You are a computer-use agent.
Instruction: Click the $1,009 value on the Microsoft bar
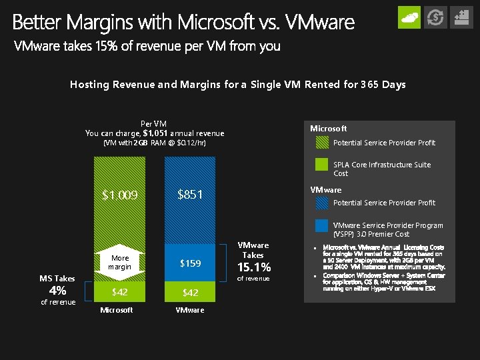(x=119, y=195)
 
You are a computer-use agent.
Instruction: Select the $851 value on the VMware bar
(x=190, y=195)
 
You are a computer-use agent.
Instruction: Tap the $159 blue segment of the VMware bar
(x=190, y=263)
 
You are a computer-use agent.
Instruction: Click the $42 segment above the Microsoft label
(x=119, y=292)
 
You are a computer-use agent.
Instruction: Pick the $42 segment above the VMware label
(x=190, y=292)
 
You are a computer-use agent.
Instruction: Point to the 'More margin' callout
(x=120, y=262)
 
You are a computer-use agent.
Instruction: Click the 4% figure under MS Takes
(x=57, y=291)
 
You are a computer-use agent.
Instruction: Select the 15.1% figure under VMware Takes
(x=253, y=267)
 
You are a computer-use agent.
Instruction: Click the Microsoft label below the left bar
(x=116, y=310)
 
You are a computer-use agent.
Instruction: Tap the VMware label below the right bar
(x=190, y=310)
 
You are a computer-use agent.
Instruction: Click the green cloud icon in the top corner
(x=409, y=17)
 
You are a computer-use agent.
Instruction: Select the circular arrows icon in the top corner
(x=435, y=17)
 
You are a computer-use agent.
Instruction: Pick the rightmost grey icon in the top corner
(x=461, y=17)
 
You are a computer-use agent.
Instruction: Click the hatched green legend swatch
(x=322, y=143)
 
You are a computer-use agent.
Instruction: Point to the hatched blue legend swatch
(x=322, y=203)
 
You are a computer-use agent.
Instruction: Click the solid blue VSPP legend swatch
(x=322, y=226)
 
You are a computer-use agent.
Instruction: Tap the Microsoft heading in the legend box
(x=329, y=128)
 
